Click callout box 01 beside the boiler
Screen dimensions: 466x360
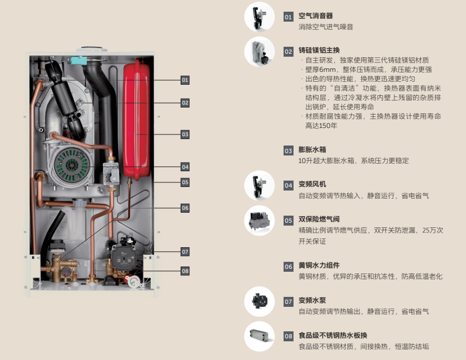pos(185,80)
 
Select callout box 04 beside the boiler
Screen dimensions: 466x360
pos(185,167)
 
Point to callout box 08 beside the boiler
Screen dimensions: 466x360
pos(185,271)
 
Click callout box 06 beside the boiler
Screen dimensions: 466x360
pos(185,208)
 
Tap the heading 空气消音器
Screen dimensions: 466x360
pos(316,16)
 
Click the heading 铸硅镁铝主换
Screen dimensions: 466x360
pos(319,50)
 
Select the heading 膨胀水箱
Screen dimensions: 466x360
pos(312,150)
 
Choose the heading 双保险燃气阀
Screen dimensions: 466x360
pos(319,219)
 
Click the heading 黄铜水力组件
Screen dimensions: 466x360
pos(319,265)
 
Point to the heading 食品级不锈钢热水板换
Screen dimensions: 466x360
pos(333,335)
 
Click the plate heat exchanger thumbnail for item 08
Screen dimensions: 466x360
pos(260,336)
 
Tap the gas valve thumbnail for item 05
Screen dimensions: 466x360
pos(260,220)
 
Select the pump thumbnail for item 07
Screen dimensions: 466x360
pos(260,302)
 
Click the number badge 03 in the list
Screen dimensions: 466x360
pos(288,151)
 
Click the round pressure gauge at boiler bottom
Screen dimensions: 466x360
pos(134,281)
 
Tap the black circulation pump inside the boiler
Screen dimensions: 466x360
pos(122,255)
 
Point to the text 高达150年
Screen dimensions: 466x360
pos(321,126)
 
